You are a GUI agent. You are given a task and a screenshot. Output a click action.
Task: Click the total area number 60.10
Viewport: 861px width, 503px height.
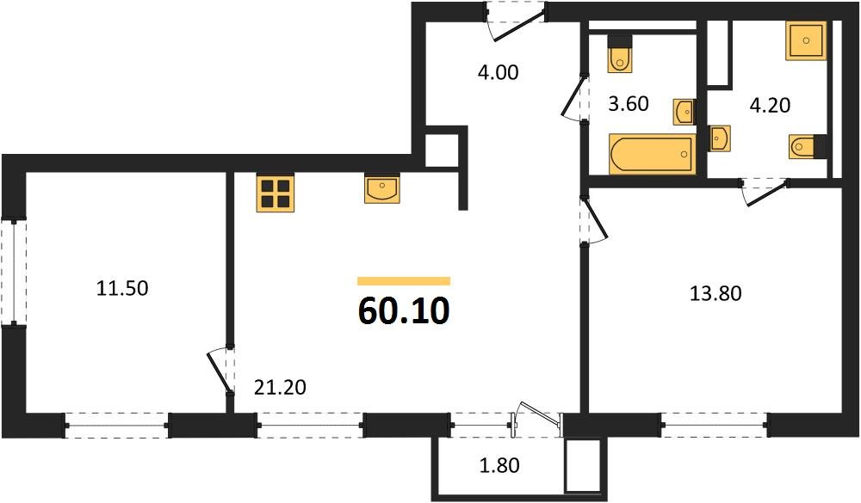coord(403,312)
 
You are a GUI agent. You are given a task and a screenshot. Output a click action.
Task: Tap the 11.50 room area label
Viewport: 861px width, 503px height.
coord(122,289)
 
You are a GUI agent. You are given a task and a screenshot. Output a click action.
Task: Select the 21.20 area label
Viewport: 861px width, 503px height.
coord(280,388)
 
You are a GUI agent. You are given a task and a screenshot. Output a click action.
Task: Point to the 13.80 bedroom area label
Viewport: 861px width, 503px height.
coord(715,294)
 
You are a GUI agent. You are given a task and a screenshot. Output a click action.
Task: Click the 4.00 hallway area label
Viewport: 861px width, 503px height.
coord(498,73)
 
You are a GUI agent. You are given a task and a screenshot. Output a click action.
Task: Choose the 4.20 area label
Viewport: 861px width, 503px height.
coord(770,106)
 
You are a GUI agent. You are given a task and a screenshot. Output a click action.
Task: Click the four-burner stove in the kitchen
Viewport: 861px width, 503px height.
coord(275,193)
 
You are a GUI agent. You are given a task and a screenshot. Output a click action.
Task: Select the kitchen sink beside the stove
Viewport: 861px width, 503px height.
coord(382,189)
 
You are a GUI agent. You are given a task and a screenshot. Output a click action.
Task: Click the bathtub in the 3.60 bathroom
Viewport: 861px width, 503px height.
coord(652,154)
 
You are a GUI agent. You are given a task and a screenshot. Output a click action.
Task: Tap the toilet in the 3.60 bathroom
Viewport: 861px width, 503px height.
coord(619,54)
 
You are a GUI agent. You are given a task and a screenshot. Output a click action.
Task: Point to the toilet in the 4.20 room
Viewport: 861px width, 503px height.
coord(806,147)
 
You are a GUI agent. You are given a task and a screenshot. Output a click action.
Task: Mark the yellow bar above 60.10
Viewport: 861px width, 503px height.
coord(403,281)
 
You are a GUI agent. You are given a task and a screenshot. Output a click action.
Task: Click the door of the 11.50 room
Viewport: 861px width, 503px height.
coord(221,370)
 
